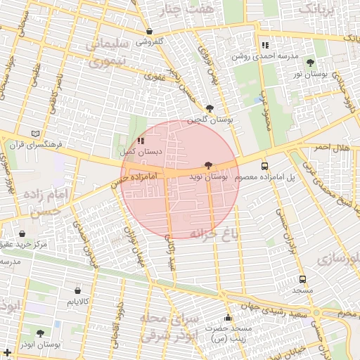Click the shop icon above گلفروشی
[x=150, y=31]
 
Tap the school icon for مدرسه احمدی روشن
[x=264, y=45]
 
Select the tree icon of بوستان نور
[x=310, y=63]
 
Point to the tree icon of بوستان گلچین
[x=210, y=108]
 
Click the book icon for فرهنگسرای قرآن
[x=36, y=133]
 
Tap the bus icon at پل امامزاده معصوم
[x=264, y=167]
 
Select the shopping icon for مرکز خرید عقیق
[x=22, y=233]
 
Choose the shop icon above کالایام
[x=77, y=290]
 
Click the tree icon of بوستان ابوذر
[x=39, y=333]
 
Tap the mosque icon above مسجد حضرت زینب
[x=227, y=317]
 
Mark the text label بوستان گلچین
[x=210, y=120]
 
